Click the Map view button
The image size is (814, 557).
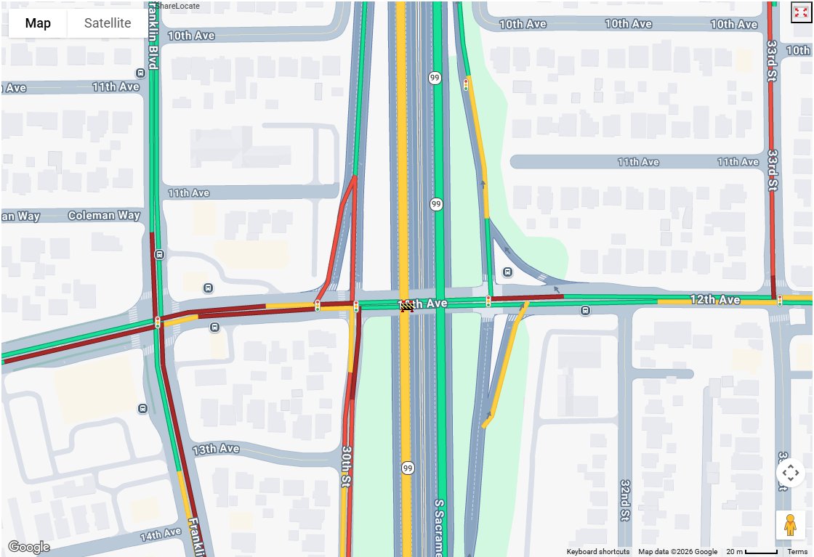tap(38, 23)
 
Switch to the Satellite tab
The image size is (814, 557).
tap(108, 23)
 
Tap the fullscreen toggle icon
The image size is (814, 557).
tap(800, 12)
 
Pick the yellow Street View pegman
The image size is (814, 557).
tap(790, 524)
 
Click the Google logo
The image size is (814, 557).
tap(28, 547)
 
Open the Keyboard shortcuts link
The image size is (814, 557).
tap(598, 552)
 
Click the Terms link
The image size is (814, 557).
tap(797, 552)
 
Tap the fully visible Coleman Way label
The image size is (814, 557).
tap(104, 216)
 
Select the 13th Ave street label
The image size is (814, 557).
tap(216, 450)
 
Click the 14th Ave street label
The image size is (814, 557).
tap(160, 535)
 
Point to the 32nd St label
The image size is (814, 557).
tap(625, 500)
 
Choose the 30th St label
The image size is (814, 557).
tap(347, 466)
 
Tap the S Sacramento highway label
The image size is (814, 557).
tap(439, 526)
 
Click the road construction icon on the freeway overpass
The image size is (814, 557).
tap(408, 307)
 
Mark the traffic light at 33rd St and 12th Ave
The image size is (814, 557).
tap(780, 300)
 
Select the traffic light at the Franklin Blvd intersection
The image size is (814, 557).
tap(157, 322)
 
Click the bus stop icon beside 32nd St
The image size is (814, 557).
tap(585, 312)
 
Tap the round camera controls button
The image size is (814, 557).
tap(790, 473)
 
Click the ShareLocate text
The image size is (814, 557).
tap(177, 6)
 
